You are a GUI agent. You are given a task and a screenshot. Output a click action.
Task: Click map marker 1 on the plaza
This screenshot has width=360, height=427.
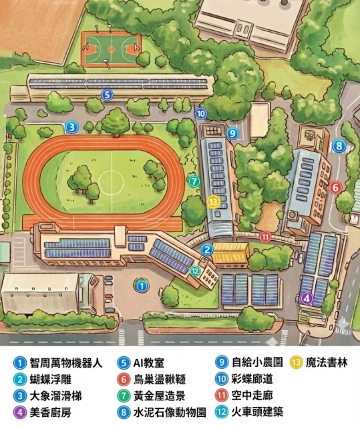(x=142, y=285)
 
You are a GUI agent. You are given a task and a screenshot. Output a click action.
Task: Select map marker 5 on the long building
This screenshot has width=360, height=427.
(x=106, y=95)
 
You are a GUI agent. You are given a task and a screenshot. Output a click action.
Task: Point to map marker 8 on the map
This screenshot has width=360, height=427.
(x=339, y=145)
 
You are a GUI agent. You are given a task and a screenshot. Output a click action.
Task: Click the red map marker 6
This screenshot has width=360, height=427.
(x=335, y=188)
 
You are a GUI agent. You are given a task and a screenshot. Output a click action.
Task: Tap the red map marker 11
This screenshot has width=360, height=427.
(x=265, y=236)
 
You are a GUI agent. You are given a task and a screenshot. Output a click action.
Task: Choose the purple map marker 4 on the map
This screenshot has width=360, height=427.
(x=307, y=298)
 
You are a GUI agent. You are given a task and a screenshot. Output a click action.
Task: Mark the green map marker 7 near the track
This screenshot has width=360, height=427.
(x=193, y=180)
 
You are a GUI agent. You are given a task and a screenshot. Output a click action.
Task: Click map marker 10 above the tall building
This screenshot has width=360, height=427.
(x=201, y=113)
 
